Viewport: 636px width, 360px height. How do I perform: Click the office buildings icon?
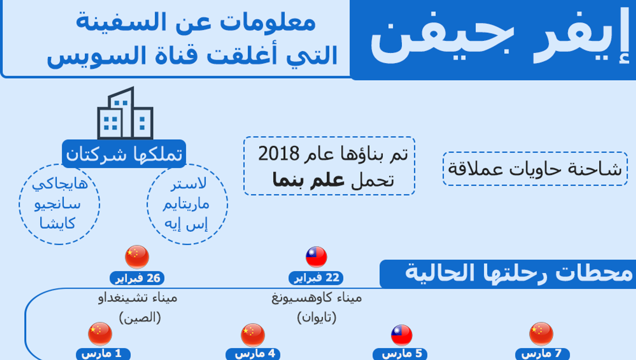point(125,113)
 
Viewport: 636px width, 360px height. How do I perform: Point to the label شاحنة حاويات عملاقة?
point(535,169)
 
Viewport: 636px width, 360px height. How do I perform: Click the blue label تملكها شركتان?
point(124,154)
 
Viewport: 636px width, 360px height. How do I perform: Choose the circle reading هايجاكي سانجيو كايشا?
point(59,204)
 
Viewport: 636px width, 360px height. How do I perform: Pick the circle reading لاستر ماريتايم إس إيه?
point(187,204)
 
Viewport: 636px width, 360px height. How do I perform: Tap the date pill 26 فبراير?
point(137,278)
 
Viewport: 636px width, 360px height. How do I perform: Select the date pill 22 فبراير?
point(316,278)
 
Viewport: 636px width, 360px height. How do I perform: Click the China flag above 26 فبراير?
point(137,257)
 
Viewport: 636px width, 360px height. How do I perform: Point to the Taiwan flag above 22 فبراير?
point(316,257)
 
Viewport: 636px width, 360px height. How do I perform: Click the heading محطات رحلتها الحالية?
point(519,274)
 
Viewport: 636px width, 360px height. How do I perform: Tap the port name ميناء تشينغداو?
point(137,298)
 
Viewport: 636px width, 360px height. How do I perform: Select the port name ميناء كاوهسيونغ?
point(317,298)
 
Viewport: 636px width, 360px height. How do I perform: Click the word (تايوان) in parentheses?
point(317,317)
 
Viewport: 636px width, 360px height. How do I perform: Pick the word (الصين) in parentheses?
point(140,317)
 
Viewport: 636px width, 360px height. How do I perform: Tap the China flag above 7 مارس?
point(541,334)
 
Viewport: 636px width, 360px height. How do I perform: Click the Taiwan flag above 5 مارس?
point(401,335)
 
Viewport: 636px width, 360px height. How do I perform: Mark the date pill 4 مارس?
point(253,354)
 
